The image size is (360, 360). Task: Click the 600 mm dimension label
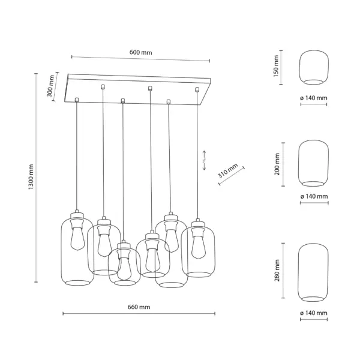tap(140, 52)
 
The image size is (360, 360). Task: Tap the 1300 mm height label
tap(31, 177)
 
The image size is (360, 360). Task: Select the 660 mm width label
tap(139, 307)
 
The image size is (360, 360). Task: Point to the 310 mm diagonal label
tap(228, 171)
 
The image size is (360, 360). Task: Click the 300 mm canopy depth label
tap(50, 86)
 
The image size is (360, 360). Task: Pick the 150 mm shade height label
tap(276, 66)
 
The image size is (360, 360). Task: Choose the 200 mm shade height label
tap(277, 164)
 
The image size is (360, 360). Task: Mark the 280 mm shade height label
tap(277, 271)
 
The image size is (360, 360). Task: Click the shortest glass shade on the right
tap(314, 67)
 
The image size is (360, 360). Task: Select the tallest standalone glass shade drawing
tap(313, 272)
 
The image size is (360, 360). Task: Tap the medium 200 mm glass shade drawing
tap(313, 163)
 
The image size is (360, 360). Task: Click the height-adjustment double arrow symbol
tap(204, 160)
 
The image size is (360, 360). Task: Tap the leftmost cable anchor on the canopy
tap(77, 100)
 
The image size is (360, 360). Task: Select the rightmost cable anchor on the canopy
tap(197, 89)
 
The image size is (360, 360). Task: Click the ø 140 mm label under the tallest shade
tap(314, 313)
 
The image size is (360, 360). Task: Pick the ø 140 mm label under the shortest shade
tap(314, 98)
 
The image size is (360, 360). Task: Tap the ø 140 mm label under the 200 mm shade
tap(314, 197)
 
